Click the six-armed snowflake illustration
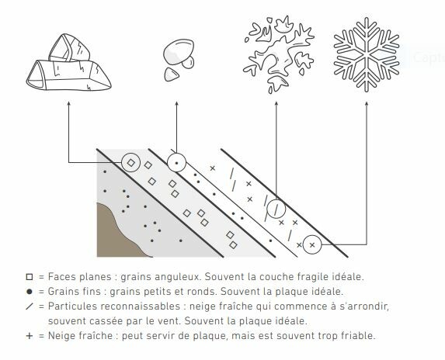coord(367,55)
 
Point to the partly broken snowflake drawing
coord(278,54)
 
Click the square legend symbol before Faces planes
coord(30,277)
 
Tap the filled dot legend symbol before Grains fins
coord(30,292)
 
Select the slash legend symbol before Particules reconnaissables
coord(30,306)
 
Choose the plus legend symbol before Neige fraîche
coord(30,336)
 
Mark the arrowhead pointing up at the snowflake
coord(367,103)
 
